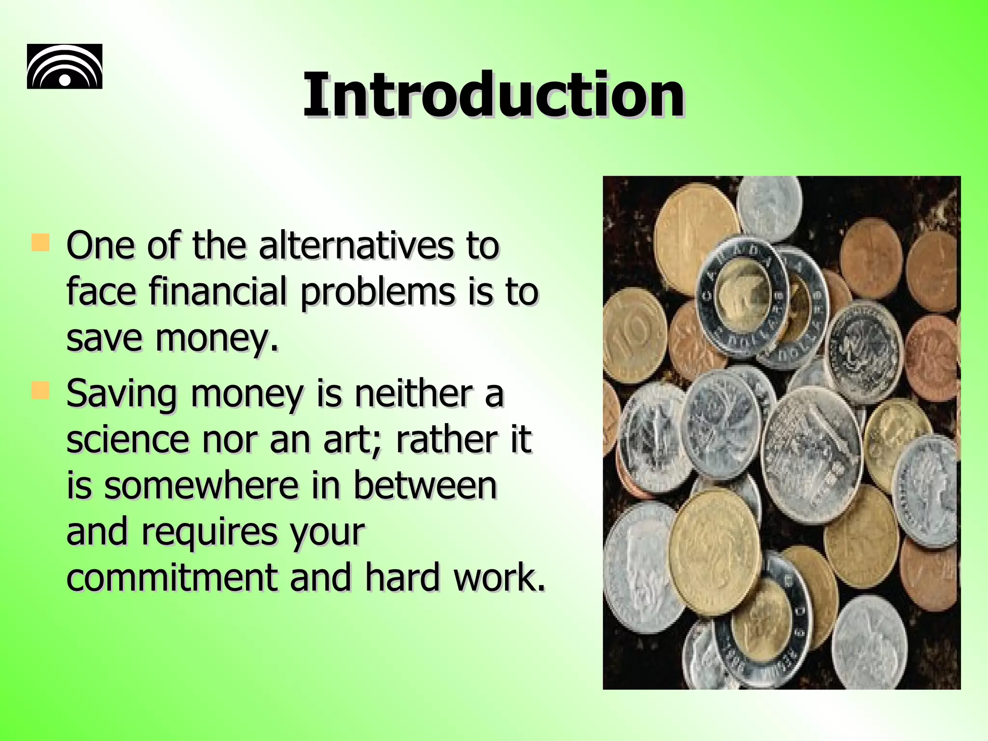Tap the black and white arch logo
(x=65, y=67)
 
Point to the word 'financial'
(x=218, y=292)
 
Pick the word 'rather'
(x=444, y=439)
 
